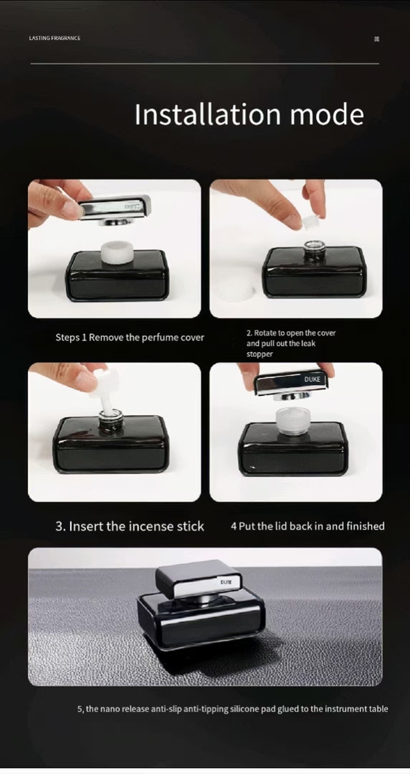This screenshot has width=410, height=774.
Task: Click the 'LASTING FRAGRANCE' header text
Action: (x=54, y=38)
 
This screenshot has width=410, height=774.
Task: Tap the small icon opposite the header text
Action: (x=376, y=39)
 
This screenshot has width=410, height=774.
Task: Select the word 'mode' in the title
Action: (x=327, y=114)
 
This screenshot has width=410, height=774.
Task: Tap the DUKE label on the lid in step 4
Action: (x=312, y=379)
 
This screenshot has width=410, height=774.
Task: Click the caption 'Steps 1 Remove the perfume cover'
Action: (x=130, y=338)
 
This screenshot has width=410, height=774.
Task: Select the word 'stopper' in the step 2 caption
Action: (x=259, y=354)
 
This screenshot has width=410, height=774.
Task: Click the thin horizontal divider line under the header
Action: (x=205, y=64)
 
